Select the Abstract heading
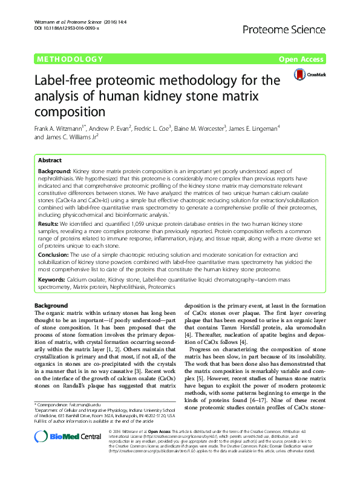[x=50, y=161]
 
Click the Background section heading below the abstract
[x=51, y=306]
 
